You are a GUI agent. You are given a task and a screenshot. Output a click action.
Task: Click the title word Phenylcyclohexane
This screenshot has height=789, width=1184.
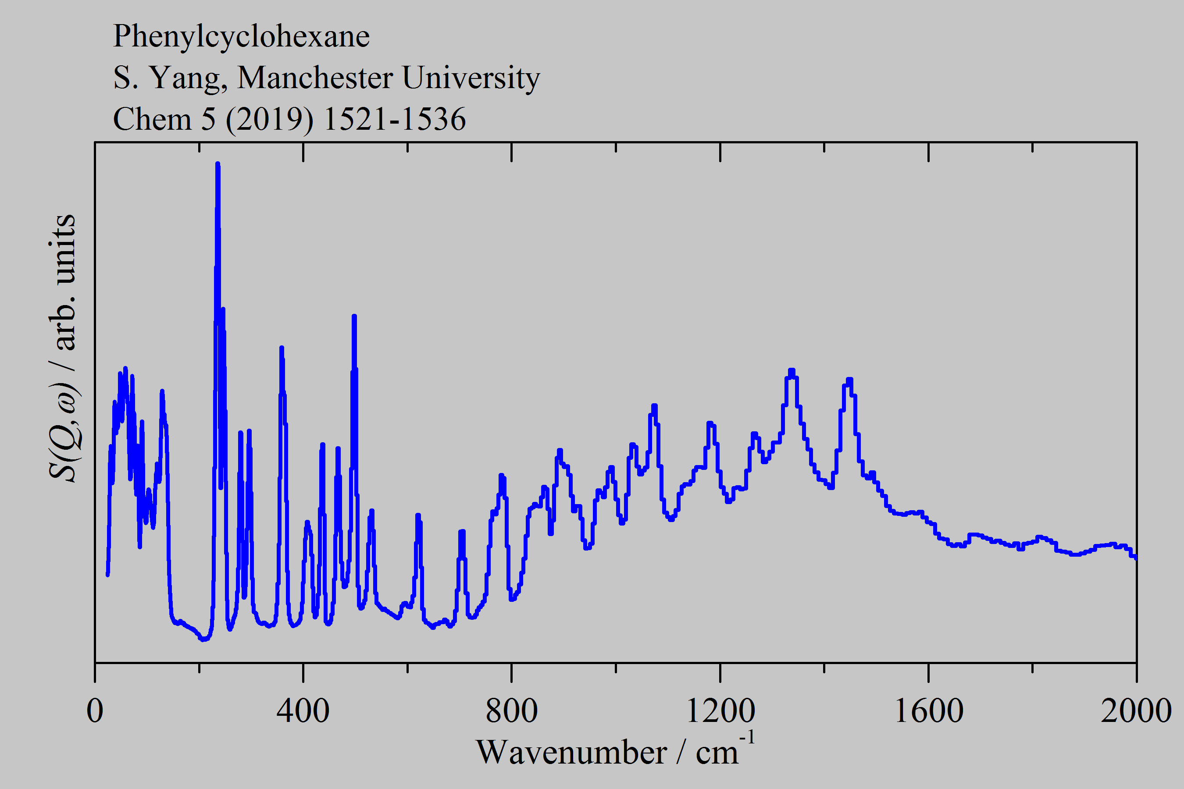tap(241, 36)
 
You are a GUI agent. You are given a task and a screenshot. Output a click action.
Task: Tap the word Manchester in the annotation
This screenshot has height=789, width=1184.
tap(315, 78)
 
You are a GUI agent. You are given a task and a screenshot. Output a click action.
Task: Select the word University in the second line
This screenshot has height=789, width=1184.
tap(471, 78)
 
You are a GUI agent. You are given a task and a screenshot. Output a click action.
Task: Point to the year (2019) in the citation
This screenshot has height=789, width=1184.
tap(269, 120)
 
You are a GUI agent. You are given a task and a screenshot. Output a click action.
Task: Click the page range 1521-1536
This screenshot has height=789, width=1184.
tap(395, 120)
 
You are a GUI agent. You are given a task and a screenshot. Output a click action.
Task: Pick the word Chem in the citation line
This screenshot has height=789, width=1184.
tap(153, 120)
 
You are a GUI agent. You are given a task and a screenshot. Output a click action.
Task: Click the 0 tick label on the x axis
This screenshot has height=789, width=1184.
tap(95, 711)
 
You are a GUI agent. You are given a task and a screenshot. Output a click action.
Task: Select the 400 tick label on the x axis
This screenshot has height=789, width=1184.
tap(303, 711)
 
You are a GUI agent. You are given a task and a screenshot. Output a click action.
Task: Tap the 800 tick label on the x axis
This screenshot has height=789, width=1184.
tap(511, 711)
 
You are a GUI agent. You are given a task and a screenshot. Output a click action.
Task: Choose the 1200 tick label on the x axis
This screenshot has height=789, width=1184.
tap(720, 711)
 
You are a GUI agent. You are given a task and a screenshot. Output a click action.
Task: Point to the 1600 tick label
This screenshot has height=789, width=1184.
tap(928, 711)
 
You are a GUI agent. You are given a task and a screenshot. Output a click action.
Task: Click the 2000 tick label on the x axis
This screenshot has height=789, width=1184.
tap(1136, 711)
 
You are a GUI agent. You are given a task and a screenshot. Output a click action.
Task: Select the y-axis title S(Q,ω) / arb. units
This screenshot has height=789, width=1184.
tap(63, 347)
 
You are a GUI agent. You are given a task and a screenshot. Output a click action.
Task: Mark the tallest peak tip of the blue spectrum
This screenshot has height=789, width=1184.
tap(218, 164)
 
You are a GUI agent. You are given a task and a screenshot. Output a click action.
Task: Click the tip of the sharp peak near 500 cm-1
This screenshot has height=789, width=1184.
tap(354, 316)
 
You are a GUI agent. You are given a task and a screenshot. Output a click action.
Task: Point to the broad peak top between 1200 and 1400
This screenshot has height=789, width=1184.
tap(792, 372)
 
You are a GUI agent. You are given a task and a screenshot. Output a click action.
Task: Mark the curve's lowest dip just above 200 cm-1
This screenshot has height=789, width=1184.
tap(203, 640)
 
